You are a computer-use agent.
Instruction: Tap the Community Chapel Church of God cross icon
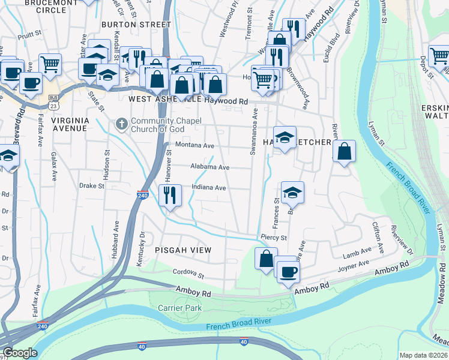[121, 125]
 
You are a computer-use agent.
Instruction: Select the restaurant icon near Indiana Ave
[169, 194]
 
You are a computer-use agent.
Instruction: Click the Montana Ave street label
[194, 146]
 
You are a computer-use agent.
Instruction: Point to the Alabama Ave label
[210, 167]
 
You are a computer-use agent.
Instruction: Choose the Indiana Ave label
[208, 188]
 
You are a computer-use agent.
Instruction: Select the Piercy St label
[274, 238]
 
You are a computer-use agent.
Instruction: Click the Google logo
[20, 353]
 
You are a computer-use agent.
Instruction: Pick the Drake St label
[92, 186]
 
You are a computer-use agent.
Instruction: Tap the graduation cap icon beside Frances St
[292, 193]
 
